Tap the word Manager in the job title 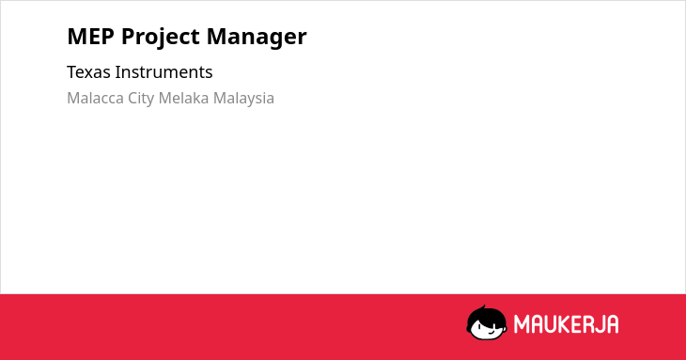[257, 38]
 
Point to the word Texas [88, 72]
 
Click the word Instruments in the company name [164, 72]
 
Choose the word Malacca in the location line [95, 98]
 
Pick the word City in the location [141, 99]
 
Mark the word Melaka [184, 98]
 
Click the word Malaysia [243, 99]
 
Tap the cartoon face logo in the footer [487, 322]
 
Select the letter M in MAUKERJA [522, 324]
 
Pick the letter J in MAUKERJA [599, 324]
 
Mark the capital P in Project [128, 37]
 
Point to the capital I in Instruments [117, 72]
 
